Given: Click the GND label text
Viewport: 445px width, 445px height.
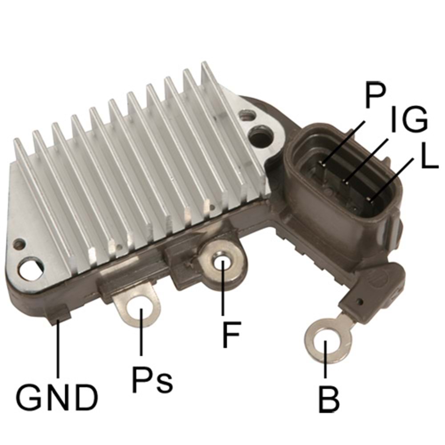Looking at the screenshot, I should click(57, 397).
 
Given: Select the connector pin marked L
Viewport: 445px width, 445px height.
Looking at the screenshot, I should click(370, 198).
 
